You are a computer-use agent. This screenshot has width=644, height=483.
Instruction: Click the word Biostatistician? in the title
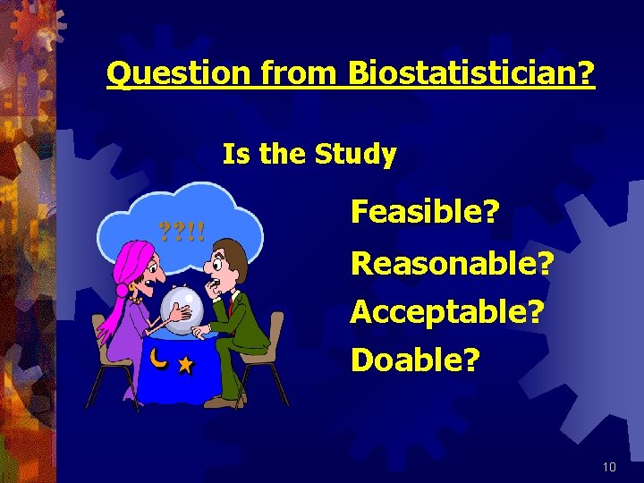coord(470,74)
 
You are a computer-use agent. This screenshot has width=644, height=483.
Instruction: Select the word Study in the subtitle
coord(355,156)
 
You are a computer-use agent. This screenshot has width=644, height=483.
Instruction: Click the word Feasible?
coord(425,213)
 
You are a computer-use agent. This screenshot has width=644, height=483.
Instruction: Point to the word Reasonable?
coord(453,263)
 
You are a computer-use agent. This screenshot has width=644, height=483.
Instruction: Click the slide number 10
coord(610,466)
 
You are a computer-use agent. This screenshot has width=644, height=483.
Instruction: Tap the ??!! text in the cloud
coord(182,234)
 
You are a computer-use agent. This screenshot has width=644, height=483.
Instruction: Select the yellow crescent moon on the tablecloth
coord(158,359)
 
